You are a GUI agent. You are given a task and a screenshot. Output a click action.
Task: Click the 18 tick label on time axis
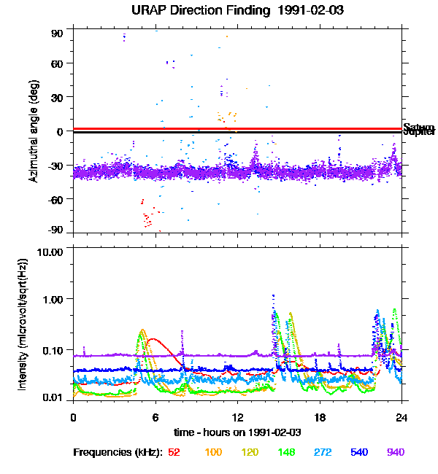pyautogui.click(x=319, y=417)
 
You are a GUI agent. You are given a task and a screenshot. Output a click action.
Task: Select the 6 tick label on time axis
pyautogui.click(x=155, y=417)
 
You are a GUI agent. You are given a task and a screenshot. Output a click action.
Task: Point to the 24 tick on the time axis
pyautogui.click(x=401, y=417)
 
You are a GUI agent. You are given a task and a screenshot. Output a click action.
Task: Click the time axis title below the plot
pyautogui.click(x=237, y=432)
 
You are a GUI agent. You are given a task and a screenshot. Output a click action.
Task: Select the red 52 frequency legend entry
pyautogui.click(x=174, y=453)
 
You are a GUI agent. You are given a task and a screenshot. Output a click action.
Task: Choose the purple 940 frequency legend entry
pyautogui.click(x=396, y=453)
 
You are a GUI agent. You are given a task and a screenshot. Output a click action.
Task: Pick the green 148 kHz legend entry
pyautogui.click(x=286, y=453)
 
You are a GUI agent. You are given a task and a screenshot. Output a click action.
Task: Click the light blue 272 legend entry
pyautogui.click(x=323, y=453)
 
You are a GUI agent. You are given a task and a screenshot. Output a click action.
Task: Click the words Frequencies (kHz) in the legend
pyautogui.click(x=117, y=453)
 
